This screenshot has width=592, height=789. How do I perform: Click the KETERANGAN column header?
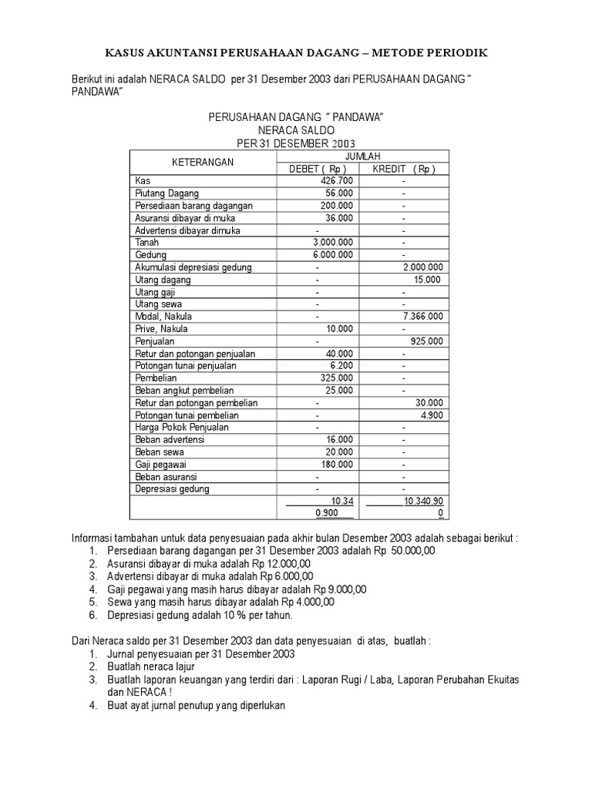[x=203, y=163]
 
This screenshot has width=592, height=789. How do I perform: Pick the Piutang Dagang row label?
[x=167, y=193]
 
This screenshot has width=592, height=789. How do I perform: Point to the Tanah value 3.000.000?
[x=331, y=242]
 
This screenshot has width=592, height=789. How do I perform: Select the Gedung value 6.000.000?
[x=331, y=254]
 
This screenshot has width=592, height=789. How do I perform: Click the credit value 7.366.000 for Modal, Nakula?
[x=423, y=316]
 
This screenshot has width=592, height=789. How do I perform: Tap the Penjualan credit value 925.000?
[x=426, y=341]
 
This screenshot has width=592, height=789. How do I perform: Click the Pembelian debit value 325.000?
[x=337, y=378]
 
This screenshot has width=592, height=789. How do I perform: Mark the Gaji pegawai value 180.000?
[x=337, y=464]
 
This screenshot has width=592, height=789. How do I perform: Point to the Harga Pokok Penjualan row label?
[x=182, y=427]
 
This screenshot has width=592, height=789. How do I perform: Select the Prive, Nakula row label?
[x=162, y=328]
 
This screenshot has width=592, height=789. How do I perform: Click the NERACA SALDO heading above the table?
[x=296, y=130]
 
